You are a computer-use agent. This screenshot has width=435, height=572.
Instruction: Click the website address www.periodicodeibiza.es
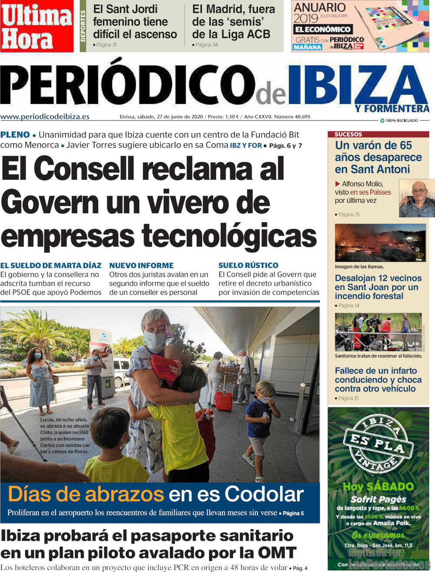point(45,116)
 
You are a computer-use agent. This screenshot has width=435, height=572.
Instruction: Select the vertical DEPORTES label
point(83,26)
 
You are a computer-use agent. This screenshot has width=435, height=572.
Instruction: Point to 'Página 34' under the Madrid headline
point(207,45)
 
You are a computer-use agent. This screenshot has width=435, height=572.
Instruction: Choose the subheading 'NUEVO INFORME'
point(141,265)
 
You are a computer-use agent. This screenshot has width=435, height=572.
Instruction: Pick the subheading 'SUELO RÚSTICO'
point(248,265)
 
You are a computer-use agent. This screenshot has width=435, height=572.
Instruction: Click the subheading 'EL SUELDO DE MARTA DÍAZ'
point(51,265)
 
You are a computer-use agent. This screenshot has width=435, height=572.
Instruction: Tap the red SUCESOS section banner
point(348,134)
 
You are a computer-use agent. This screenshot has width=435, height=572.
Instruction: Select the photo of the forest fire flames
point(380,243)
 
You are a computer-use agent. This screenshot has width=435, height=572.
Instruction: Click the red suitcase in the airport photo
point(224,401)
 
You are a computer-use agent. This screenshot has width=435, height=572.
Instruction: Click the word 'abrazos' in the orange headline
point(124,495)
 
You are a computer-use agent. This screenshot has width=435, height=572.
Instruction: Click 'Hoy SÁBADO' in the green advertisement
point(378,486)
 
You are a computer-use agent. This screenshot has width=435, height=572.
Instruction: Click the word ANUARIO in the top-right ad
point(320,7)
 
